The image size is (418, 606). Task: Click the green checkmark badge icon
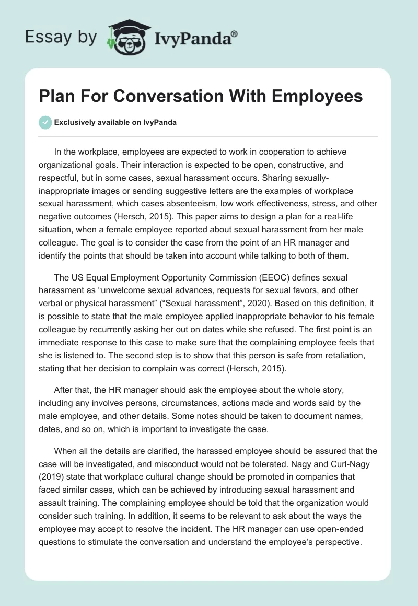(45, 122)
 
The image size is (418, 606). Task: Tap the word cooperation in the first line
(261, 152)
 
